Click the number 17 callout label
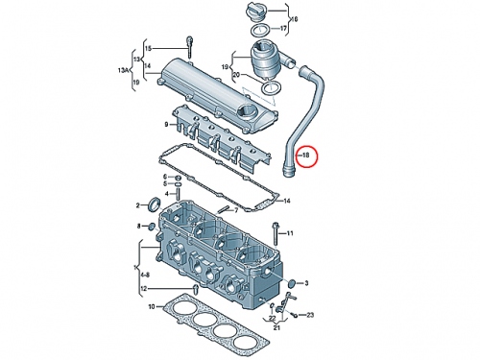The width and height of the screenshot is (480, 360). (x=283, y=29)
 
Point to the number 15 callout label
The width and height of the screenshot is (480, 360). (x=148, y=49)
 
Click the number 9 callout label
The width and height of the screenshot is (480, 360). (x=166, y=125)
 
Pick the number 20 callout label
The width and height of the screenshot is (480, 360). (x=236, y=75)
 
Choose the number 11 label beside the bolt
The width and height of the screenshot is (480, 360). (x=290, y=233)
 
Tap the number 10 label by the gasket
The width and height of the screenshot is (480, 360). (x=152, y=307)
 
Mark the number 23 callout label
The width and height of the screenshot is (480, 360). (x=310, y=315)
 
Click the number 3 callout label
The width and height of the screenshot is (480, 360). (x=306, y=283)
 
